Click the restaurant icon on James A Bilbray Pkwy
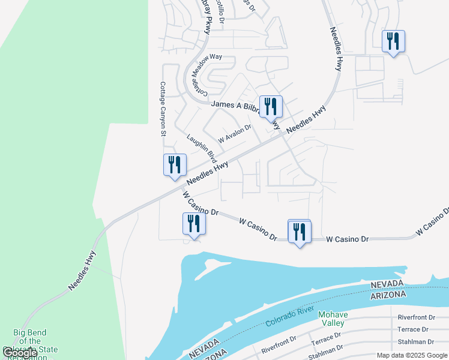pyautogui.click(x=270, y=107)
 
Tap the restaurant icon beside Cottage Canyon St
pyautogui.click(x=175, y=164)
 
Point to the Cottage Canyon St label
pyautogui.click(x=162, y=109)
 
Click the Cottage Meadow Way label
pyautogui.click(x=207, y=76)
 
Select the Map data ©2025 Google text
pyautogui.click(x=411, y=355)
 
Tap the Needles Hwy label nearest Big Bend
pyautogui.click(x=82, y=271)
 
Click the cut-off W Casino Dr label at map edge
pyautogui.click(x=432, y=222)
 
